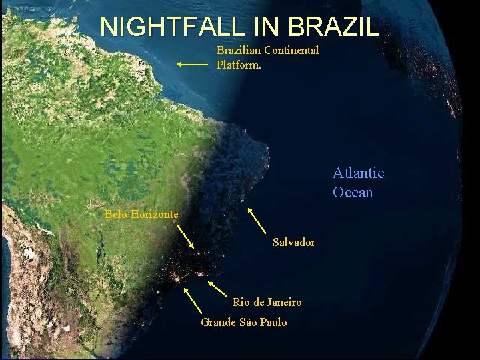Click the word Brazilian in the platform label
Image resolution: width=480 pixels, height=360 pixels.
[239, 50]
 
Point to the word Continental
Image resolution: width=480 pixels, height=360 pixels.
[291, 50]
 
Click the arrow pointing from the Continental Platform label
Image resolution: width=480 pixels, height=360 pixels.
[193, 65]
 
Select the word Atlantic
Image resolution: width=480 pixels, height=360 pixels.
[359, 173]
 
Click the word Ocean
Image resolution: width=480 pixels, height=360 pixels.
[353, 193]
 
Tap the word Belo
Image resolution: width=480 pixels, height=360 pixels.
[116, 214]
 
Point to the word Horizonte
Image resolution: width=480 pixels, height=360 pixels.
[154, 214]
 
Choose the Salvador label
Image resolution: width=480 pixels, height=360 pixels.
[294, 242]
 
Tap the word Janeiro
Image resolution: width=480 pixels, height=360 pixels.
[285, 302]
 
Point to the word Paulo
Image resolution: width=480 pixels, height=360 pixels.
[273, 322]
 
